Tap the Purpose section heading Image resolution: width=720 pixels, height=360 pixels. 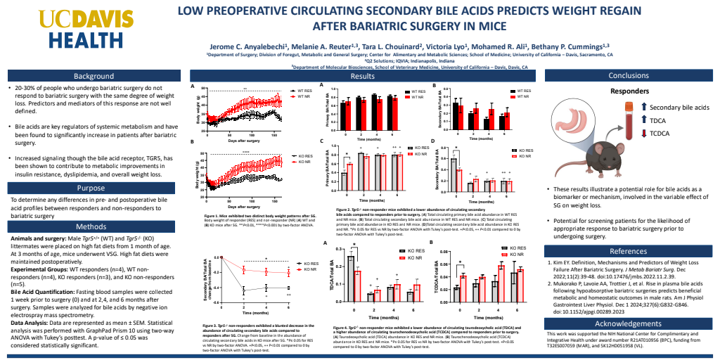91,188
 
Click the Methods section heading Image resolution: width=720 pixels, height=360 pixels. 91,227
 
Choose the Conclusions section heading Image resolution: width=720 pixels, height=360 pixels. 629,75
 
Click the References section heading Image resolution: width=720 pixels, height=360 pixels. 629,251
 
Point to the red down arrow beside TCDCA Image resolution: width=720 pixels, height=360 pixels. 644,134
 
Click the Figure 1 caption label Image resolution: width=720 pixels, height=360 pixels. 202,216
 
